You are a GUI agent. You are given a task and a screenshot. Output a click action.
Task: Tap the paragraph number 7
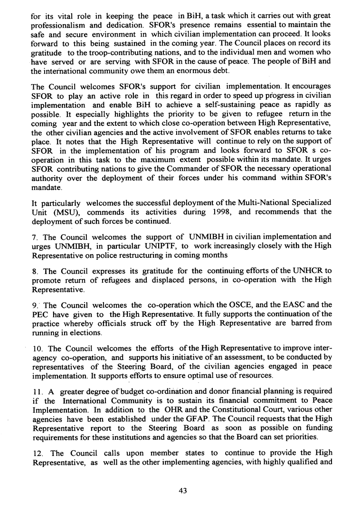pos(33,237)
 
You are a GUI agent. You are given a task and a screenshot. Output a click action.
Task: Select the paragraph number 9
pos(33,305)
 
